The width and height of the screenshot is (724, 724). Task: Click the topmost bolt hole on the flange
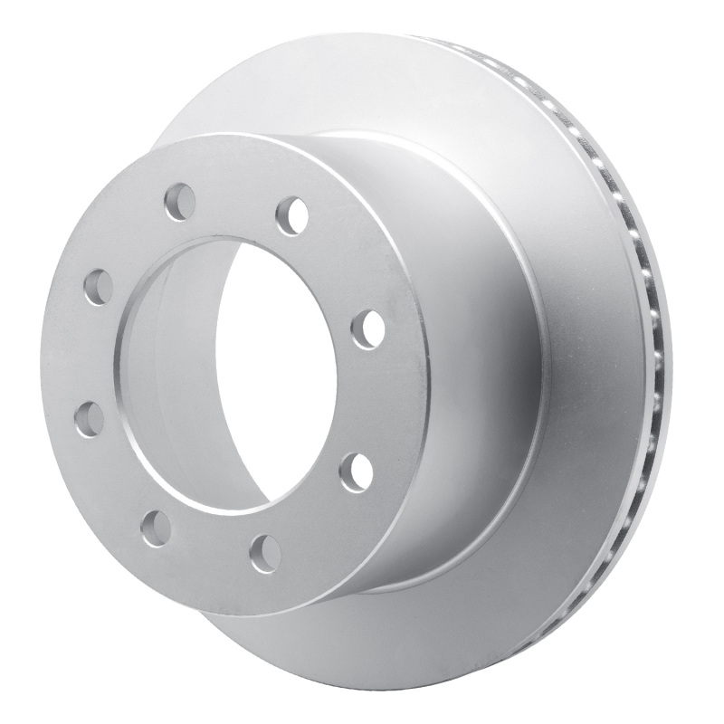(x=180, y=201)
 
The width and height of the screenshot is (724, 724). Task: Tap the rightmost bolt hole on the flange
(x=368, y=328)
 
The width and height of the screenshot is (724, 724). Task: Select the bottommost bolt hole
(x=265, y=552)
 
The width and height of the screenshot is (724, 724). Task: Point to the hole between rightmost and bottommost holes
(x=356, y=471)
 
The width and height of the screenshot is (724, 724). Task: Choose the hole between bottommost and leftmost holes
(x=157, y=528)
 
